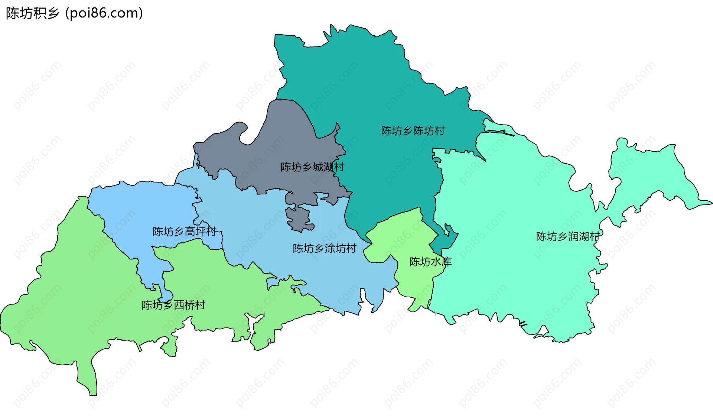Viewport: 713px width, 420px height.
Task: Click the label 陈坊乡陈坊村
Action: click(413, 131)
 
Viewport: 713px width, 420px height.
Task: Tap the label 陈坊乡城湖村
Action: click(312, 167)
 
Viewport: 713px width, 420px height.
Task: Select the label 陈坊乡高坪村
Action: click(184, 232)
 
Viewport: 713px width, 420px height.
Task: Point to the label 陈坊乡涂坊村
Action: click(325, 248)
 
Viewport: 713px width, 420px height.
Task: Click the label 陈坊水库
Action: click(430, 262)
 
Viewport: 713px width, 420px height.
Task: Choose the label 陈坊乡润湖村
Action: click(568, 236)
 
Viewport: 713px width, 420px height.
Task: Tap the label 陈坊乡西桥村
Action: click(173, 305)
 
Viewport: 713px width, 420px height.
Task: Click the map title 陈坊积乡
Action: click(33, 13)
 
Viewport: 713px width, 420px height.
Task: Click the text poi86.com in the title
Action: click(104, 13)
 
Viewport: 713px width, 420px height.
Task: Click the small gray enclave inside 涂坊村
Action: click(299, 219)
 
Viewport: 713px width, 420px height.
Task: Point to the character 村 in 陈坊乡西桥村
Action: click(200, 305)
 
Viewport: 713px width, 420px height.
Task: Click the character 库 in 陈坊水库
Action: click(447, 262)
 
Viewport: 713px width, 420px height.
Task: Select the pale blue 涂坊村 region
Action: click(260, 230)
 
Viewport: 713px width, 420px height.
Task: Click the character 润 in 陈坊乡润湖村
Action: click(573, 236)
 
